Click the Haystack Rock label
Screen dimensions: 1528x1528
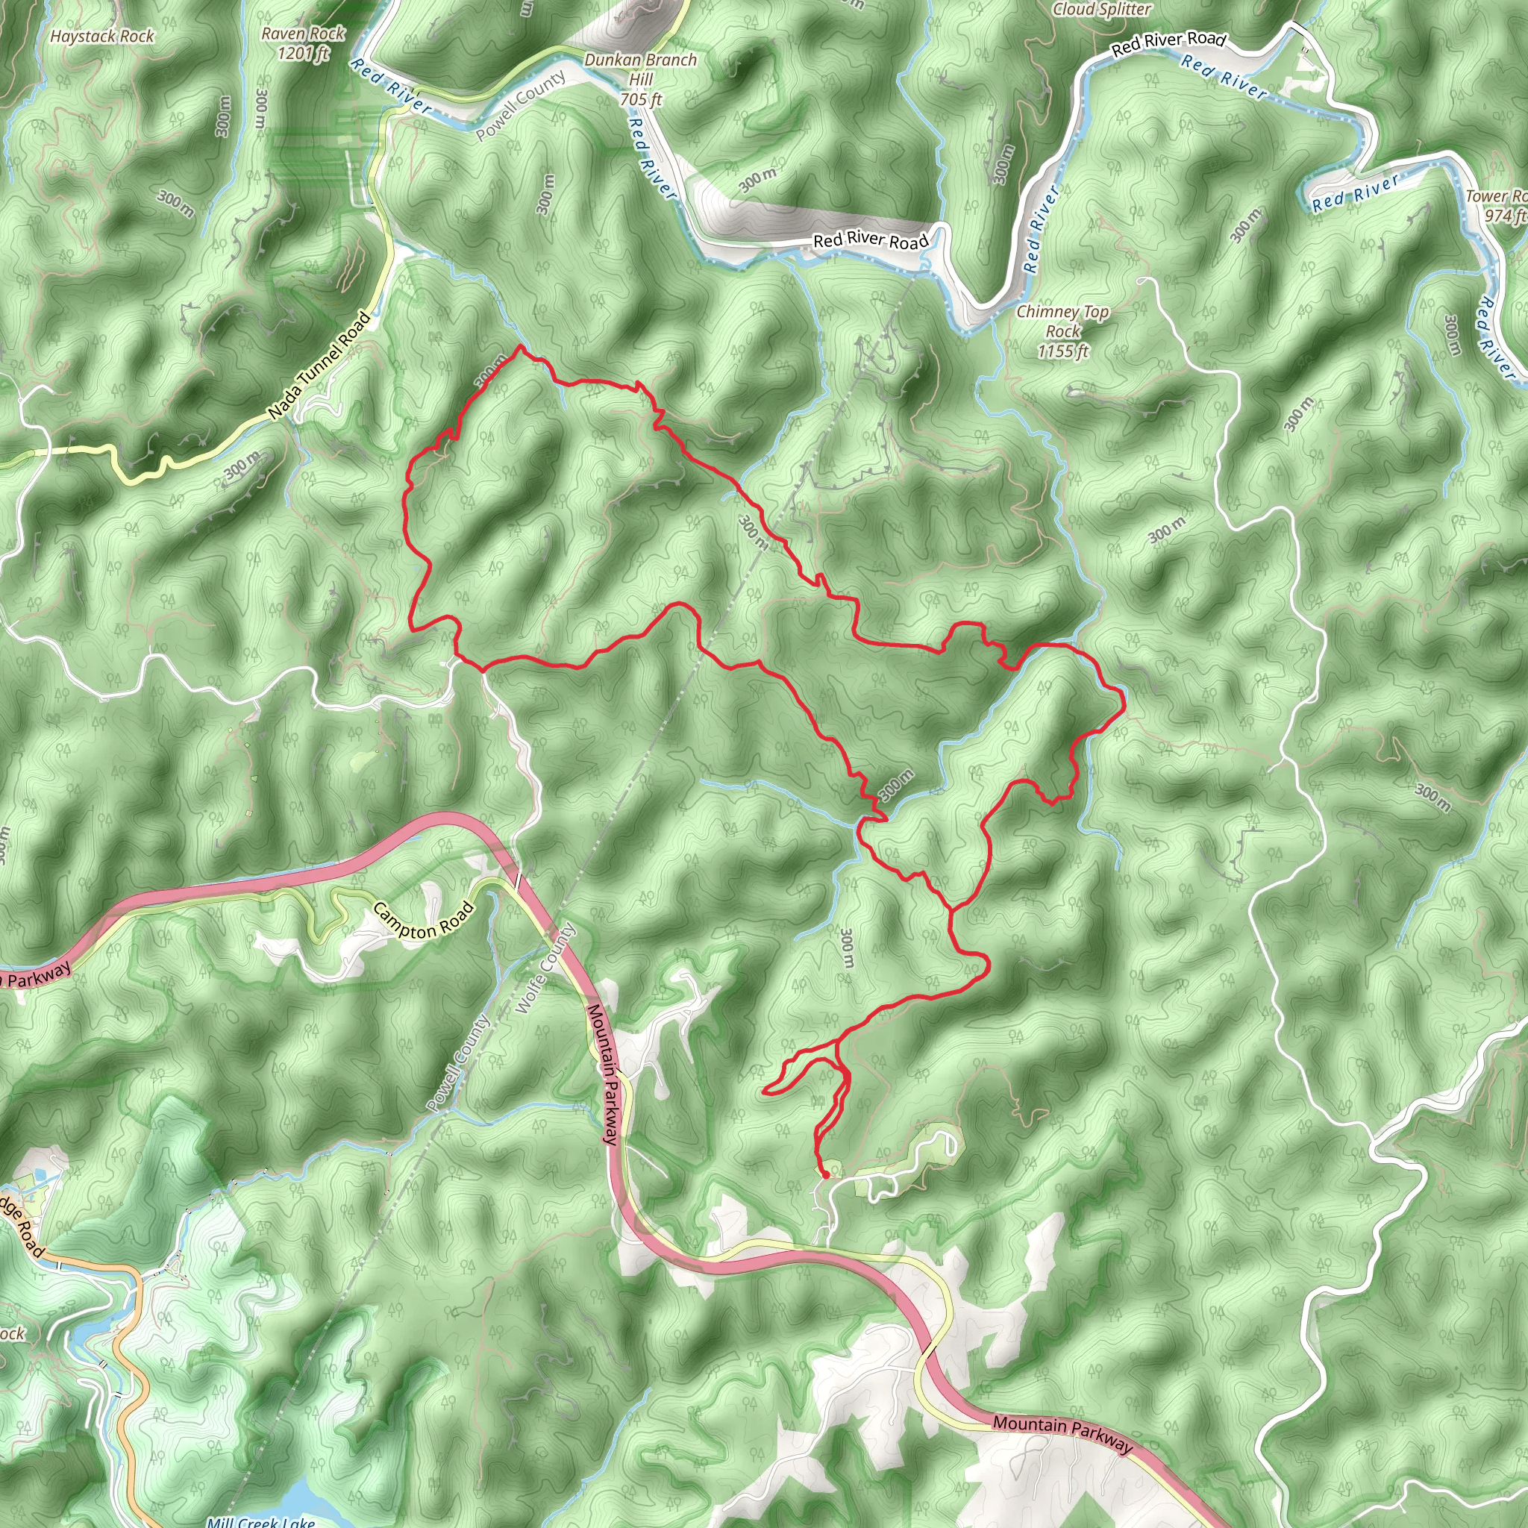click(102, 37)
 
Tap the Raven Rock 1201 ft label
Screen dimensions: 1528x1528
click(303, 43)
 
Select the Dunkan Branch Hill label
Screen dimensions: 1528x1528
click(641, 79)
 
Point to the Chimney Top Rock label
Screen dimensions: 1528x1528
click(1062, 331)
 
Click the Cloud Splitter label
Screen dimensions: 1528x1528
click(1102, 10)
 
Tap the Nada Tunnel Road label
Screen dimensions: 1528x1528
click(319, 366)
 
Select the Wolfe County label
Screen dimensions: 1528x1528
click(545, 968)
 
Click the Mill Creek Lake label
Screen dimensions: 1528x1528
click(261, 1521)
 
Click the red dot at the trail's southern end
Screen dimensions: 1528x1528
click(826, 1175)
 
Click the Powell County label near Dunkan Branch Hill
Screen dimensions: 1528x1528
click(521, 105)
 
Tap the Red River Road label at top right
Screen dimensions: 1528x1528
click(1168, 44)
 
